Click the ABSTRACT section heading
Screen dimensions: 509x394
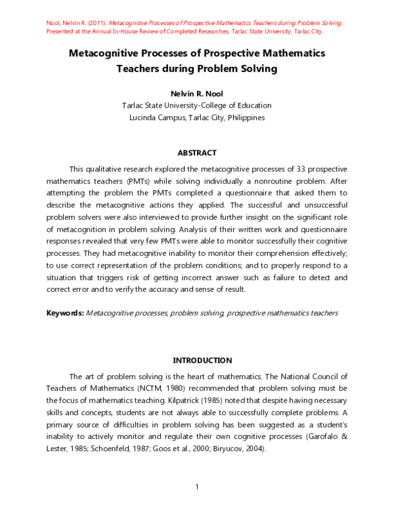[196, 153]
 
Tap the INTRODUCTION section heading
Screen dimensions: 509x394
[202, 360]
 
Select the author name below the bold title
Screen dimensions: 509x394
[196, 94]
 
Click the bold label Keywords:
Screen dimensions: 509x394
[64, 313]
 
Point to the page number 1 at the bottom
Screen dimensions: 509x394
[197, 486]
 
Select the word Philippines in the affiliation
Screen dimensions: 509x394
[242, 117]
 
